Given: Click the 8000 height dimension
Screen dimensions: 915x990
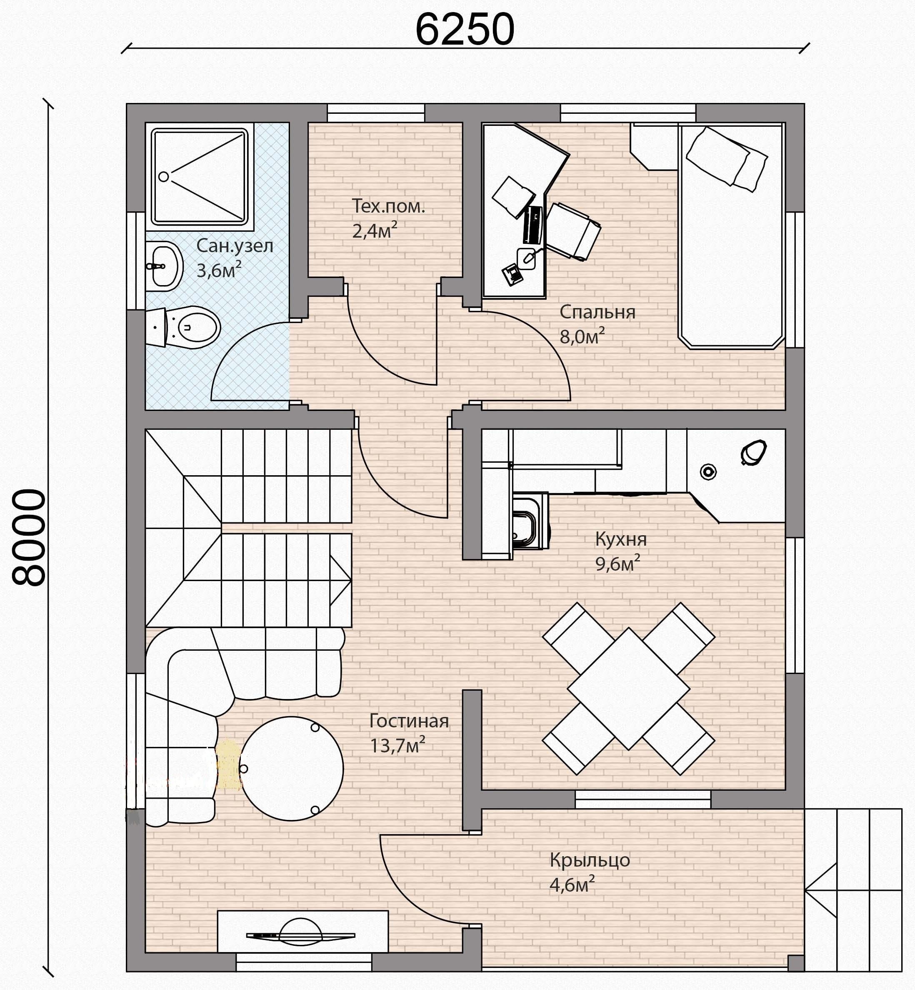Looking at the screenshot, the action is pos(29,537).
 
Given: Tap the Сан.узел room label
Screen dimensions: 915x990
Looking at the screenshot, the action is pos(235,246).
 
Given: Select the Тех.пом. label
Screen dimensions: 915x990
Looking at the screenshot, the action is pos(388,206).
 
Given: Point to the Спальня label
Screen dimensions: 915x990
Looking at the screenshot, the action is pos(597,312).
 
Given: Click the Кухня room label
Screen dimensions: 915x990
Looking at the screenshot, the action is pos(620,539).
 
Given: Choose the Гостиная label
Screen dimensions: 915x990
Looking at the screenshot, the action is pos(409,721).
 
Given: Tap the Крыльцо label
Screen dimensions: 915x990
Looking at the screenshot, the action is pos(589,860).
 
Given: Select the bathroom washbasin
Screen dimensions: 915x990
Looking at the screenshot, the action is pos(163,266).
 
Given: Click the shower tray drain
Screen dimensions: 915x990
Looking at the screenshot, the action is pos(163,176).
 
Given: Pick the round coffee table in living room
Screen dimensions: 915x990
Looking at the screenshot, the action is pos(291,768).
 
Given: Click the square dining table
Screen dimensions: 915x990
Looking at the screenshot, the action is pos(628,688).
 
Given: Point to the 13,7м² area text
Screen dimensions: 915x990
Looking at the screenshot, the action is pos(397,745).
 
